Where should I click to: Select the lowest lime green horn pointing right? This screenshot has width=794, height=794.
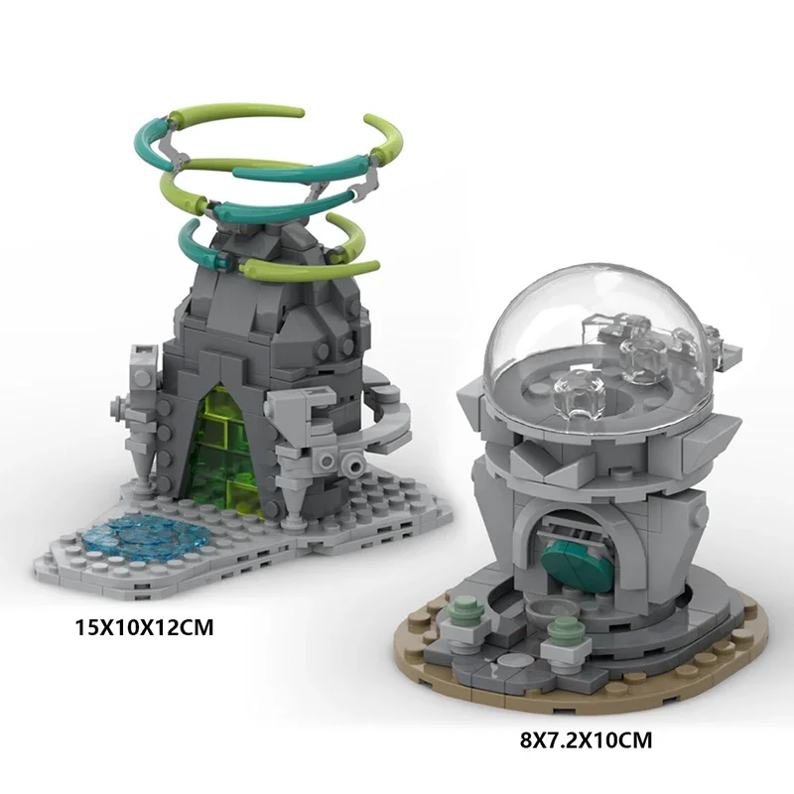click(347, 266)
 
